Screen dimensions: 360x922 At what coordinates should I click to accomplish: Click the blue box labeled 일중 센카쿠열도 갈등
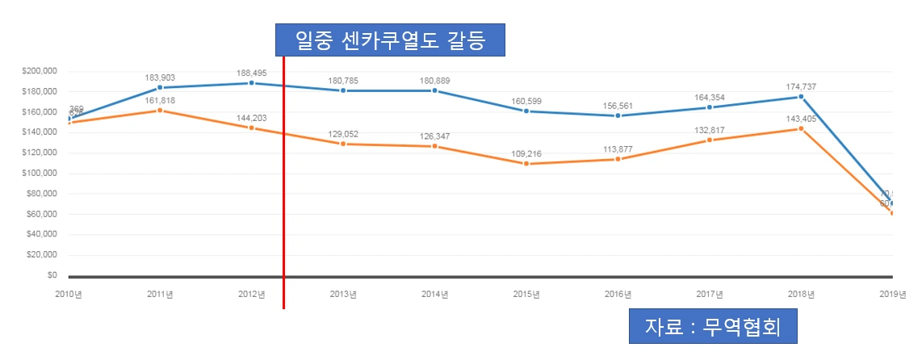[x=391, y=39]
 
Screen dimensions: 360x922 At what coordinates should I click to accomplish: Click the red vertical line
[x=284, y=202]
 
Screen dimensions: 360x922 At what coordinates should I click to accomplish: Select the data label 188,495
[x=252, y=72]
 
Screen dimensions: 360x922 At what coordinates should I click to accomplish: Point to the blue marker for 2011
[x=160, y=87]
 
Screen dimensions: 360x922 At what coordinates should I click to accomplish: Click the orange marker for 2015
[x=526, y=164]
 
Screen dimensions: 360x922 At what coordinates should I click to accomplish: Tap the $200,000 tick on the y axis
[x=40, y=71]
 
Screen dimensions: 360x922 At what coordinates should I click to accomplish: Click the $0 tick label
[x=50, y=275]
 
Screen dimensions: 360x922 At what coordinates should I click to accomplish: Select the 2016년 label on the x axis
[x=618, y=294]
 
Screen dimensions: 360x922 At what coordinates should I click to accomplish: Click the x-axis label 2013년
[x=343, y=294]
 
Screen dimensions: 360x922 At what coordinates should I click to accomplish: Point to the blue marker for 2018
[x=801, y=97]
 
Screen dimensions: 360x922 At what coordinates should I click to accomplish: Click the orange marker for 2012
[x=252, y=128]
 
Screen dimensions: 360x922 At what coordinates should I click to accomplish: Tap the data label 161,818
[x=160, y=100]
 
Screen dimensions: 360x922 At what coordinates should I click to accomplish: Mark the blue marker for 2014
[x=434, y=90]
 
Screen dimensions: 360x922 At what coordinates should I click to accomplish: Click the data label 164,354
[x=710, y=97]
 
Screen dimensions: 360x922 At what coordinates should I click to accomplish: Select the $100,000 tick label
[x=40, y=173]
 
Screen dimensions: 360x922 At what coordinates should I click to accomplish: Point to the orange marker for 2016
[x=618, y=159]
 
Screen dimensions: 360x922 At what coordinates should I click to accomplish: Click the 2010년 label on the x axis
[x=69, y=294]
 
